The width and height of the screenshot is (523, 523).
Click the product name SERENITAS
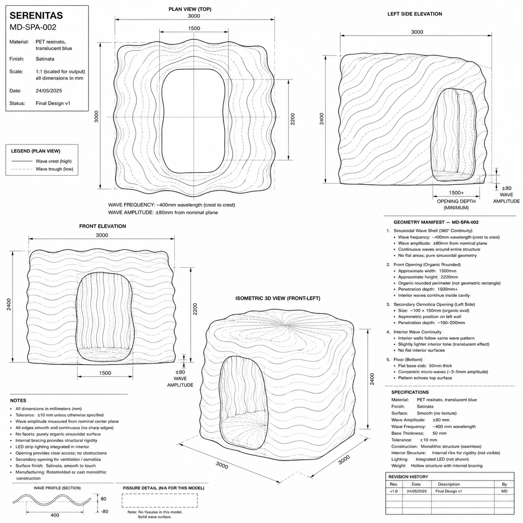coord(36,15)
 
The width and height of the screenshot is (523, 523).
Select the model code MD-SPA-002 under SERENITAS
coord(33,27)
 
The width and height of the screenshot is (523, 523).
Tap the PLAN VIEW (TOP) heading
coord(190,9)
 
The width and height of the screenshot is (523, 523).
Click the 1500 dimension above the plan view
coord(194,28)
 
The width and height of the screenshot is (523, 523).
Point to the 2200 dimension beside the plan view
coord(293,119)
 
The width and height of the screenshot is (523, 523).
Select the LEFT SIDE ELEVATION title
coord(415,14)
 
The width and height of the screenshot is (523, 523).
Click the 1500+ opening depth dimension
coord(456,192)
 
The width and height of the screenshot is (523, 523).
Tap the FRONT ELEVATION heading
coord(102,226)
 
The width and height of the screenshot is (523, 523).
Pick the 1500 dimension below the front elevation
coord(105,373)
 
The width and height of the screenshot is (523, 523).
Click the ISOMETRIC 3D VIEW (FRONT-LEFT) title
coord(278,298)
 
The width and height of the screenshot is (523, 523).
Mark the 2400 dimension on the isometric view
coord(372,379)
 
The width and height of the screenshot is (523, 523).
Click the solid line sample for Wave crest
coord(22,161)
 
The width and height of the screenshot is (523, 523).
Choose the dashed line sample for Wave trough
coord(22,169)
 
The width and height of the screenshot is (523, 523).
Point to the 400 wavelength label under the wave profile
coord(55,515)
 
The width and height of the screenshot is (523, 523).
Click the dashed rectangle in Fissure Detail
coord(160,500)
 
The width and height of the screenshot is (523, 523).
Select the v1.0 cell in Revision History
coord(394,491)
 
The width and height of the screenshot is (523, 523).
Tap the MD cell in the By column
coord(504,491)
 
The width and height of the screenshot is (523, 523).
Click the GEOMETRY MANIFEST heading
coord(436,222)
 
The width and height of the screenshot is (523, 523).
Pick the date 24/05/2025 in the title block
coord(49,91)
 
